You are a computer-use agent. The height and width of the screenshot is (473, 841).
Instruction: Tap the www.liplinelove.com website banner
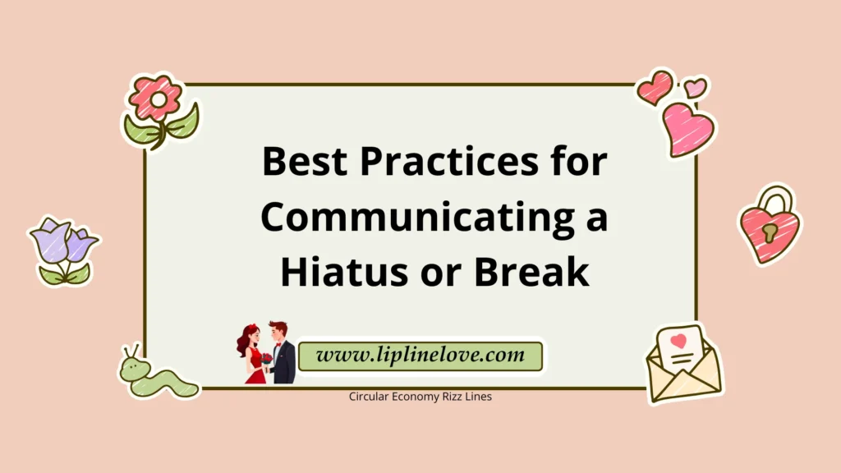[420, 356]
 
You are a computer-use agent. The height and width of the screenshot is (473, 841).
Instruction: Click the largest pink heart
[688, 129]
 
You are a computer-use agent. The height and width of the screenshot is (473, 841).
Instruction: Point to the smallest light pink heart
[695, 86]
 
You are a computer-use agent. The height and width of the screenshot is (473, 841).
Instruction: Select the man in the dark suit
[282, 353]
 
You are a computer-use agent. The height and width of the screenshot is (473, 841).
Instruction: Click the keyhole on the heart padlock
[770, 233]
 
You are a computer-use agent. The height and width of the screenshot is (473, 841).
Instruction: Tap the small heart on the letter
[678, 339]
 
